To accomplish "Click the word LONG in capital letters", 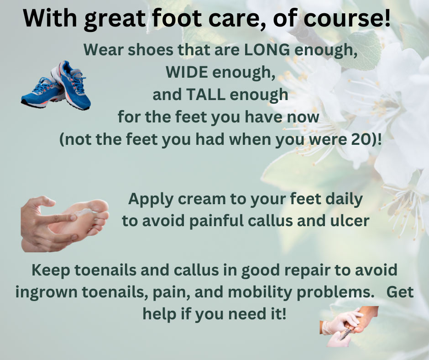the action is [x=267, y=50].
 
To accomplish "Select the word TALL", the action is [x=205, y=95].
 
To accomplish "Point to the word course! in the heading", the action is [x=347, y=18].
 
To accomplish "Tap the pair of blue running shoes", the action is [x=56, y=85].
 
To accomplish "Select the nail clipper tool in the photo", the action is [x=346, y=334].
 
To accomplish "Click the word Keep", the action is [x=51, y=270].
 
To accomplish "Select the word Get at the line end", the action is [x=400, y=292].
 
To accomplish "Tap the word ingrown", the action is [x=47, y=292].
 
